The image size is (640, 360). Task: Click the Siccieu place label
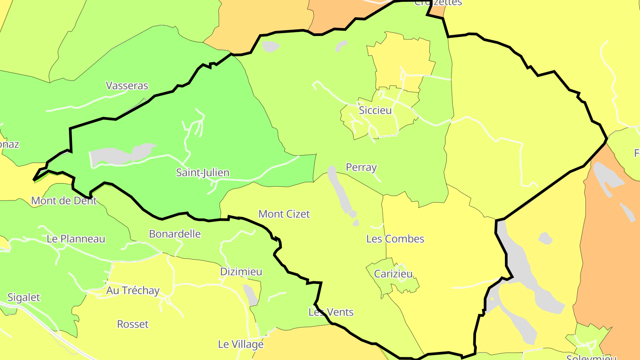pos(375,110)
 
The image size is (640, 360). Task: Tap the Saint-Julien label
pos(203,172)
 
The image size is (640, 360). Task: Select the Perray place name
pos(361,168)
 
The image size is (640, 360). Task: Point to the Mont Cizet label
pos(284,214)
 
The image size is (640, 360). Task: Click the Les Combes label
pos(395,239)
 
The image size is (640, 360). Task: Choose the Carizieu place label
pos(393,274)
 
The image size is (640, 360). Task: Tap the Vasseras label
pos(127,86)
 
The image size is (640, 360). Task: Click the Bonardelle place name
pos(175,234)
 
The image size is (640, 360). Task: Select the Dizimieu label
pos(241,272)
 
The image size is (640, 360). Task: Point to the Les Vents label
pos(331,312)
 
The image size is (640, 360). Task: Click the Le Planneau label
pos(76,239)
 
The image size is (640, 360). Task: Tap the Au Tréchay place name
pos(133,291)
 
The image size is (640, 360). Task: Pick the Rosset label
pos(132,324)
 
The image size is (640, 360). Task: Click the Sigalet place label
pos(24,298)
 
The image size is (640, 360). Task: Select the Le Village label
pos(240,344)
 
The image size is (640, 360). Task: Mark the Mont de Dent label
pos(64,201)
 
